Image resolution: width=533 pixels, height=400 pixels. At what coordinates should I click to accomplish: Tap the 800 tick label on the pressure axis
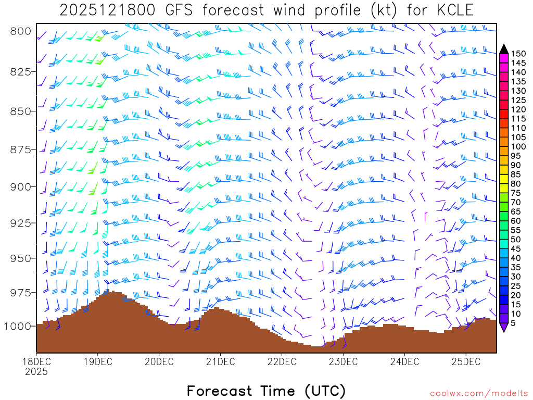pyautogui.click(x=21, y=31)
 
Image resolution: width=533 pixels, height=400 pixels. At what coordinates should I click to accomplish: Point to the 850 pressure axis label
pyautogui.click(x=21, y=111)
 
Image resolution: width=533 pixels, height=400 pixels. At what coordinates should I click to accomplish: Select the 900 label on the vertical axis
pyautogui.click(x=21, y=186)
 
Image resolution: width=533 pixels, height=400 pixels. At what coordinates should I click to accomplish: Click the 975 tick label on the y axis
pyautogui.click(x=21, y=293)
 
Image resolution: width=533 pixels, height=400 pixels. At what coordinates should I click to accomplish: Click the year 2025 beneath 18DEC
pyautogui.click(x=36, y=372)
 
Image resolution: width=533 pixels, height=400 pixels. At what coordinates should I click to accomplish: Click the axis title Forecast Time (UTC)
pyautogui.click(x=266, y=391)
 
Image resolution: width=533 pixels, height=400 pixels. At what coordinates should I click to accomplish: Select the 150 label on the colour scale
pyautogui.click(x=518, y=54)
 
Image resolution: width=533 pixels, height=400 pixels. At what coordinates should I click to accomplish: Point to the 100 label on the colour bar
pyautogui.click(x=518, y=146)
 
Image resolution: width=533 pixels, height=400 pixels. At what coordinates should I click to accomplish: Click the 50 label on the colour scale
pyautogui.click(x=516, y=239)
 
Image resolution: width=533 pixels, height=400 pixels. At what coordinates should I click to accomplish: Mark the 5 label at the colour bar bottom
pyautogui.click(x=514, y=323)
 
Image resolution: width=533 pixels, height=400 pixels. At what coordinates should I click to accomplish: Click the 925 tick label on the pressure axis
pyautogui.click(x=21, y=223)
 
